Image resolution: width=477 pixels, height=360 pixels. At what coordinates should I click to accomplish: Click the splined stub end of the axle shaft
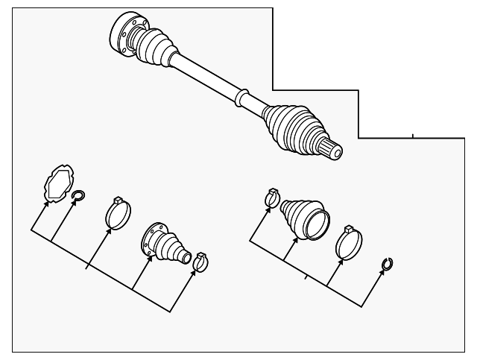[332, 149]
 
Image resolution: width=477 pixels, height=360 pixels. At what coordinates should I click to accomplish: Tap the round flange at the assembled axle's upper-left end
[123, 34]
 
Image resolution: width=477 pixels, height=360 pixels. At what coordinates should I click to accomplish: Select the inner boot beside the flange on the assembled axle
[155, 48]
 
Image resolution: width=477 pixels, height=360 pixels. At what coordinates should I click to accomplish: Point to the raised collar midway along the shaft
[240, 98]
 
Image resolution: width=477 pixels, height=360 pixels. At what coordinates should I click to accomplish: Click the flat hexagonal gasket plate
[58, 183]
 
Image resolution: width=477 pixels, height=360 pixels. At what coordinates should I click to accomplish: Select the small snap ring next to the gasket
[79, 197]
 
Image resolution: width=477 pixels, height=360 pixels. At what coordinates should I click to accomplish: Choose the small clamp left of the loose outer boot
[272, 199]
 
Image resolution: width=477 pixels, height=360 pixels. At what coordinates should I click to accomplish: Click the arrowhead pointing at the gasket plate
[48, 203]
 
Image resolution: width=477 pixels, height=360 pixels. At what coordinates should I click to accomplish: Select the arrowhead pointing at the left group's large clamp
[110, 230]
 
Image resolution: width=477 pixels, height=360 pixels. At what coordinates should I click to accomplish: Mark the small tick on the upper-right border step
[413, 136]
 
